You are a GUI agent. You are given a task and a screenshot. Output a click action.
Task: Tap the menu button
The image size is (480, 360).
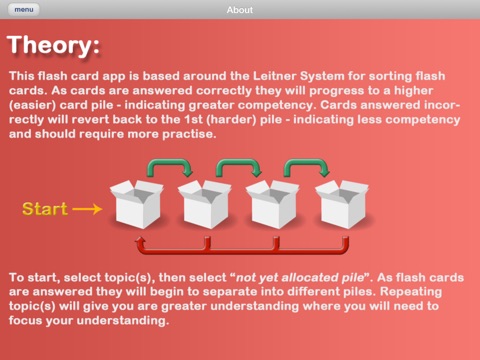click(23, 9)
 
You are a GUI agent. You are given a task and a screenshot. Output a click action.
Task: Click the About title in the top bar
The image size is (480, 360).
click(240, 10)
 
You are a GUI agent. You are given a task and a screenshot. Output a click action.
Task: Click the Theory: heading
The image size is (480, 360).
click(53, 46)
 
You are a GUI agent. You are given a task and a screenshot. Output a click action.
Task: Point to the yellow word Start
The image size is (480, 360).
click(45, 209)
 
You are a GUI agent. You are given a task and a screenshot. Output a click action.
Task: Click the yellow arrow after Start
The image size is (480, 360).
click(87, 209)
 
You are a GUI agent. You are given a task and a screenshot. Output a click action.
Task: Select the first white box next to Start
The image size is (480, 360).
click(137, 204)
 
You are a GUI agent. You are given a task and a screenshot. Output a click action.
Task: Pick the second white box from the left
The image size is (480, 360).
click(205, 204)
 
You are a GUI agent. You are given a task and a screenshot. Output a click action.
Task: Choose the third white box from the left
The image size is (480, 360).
click(273, 204)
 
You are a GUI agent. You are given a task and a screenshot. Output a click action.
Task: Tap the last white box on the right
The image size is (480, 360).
click(342, 204)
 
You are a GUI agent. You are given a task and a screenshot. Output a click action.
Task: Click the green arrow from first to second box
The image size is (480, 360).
click(170, 162)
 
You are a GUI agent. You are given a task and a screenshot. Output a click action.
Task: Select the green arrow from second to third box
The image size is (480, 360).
click(239, 162)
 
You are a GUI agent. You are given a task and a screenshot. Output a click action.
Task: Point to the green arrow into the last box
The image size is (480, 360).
click(307, 162)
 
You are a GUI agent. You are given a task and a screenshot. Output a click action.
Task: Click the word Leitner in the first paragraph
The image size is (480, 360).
click(274, 76)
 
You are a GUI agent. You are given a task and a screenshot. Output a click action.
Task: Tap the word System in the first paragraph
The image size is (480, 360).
click(322, 77)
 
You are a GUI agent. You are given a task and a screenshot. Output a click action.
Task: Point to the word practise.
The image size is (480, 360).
click(189, 134)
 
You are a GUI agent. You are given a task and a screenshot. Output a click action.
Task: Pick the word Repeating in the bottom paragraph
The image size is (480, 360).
click(411, 292)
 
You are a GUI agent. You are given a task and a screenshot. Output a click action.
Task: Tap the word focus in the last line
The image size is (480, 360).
click(26, 321)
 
